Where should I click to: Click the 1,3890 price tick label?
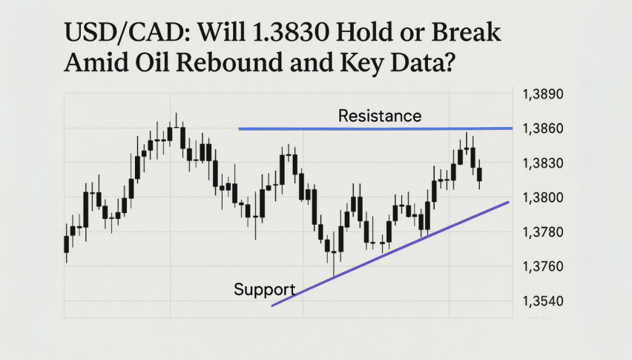[543, 94]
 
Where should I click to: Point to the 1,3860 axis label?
[543, 128]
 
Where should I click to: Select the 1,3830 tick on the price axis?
[543, 163]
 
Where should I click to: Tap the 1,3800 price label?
[543, 197]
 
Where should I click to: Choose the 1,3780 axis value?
[543, 232]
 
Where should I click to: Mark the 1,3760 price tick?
[543, 266]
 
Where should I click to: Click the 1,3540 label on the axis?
[543, 301]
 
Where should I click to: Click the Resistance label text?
[380, 116]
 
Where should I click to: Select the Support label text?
[264, 289]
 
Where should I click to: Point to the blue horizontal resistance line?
[375, 128]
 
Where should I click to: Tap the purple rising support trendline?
[390, 254]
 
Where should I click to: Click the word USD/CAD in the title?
[128, 32]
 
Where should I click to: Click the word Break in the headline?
[466, 32]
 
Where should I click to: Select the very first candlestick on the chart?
[67, 244]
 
